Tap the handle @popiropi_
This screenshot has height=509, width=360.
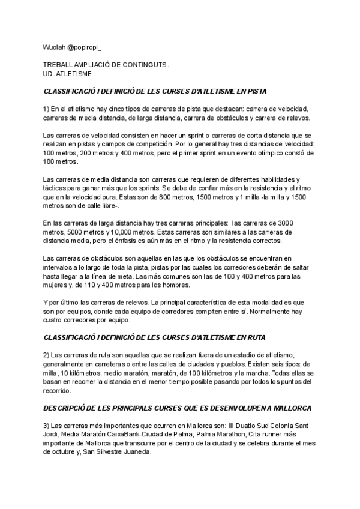tap(85, 47)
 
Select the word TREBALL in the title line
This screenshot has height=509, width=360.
tap(58, 64)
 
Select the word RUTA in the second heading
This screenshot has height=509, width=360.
tap(256, 338)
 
